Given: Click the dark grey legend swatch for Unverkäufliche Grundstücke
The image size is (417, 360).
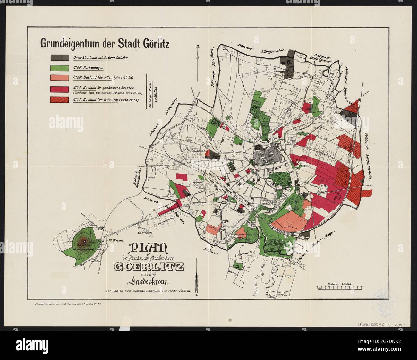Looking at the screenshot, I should [59, 57].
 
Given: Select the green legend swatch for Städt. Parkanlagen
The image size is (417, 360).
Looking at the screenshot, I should [59, 68].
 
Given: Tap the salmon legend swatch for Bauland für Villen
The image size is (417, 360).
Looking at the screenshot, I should [59, 78].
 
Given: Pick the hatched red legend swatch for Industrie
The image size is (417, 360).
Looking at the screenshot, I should [59, 99].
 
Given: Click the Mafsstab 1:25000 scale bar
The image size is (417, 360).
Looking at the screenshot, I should [340, 288].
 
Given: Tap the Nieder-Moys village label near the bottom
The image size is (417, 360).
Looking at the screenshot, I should [282, 275].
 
